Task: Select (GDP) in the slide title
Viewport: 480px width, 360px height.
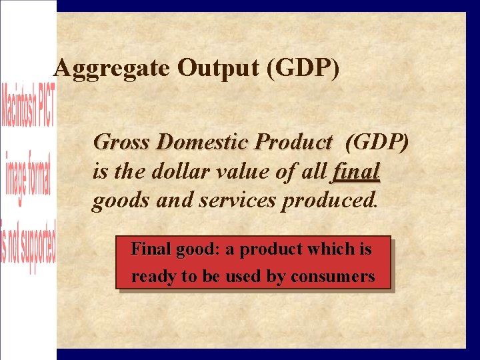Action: pyautogui.click(x=302, y=69)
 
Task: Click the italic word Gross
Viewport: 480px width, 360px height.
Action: pyautogui.click(x=123, y=143)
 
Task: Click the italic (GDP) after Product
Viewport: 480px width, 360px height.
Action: pyautogui.click(x=377, y=143)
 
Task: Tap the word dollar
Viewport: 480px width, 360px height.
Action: pyautogui.click(x=177, y=172)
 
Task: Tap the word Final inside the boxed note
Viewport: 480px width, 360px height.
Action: pyautogui.click(x=151, y=249)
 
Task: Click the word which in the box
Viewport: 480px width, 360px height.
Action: pyautogui.click(x=325, y=249)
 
